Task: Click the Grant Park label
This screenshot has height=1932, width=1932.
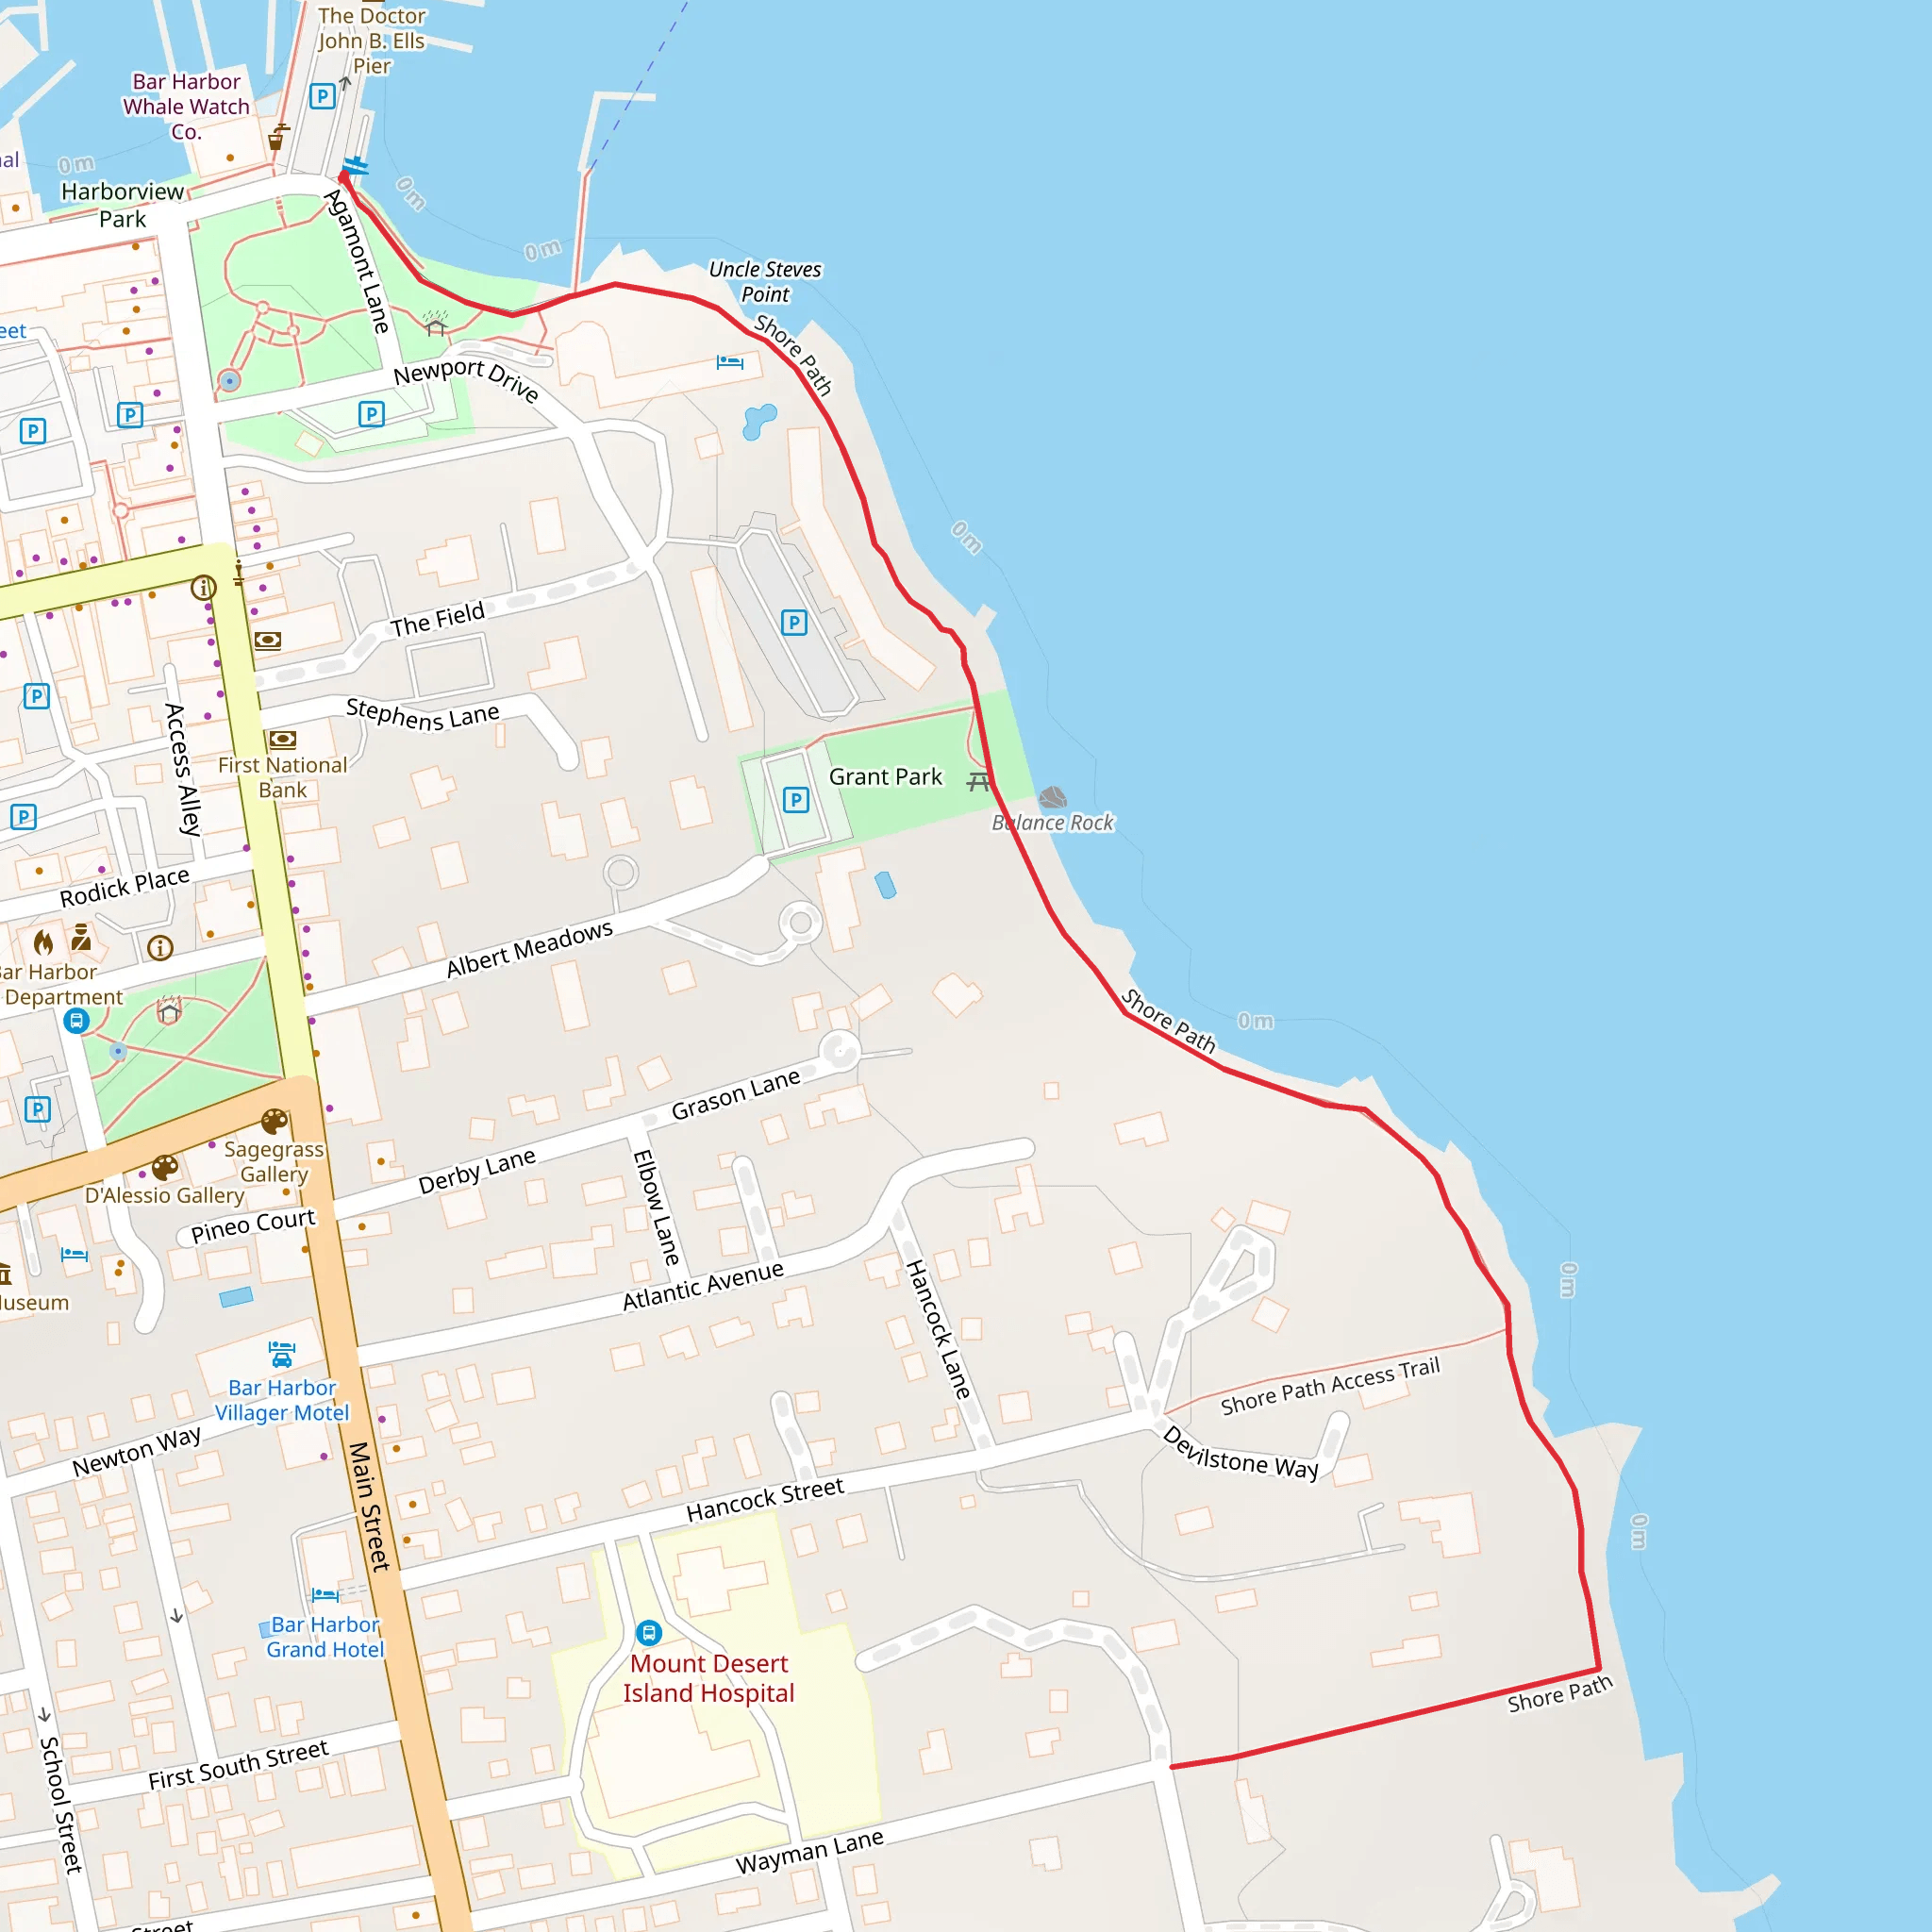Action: (885, 777)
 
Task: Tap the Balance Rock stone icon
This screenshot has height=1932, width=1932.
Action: (1052, 798)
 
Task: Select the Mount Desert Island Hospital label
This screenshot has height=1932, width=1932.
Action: (708, 1678)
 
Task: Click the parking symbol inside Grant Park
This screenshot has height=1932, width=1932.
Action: (796, 800)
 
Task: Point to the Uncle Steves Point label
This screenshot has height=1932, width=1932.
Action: (765, 282)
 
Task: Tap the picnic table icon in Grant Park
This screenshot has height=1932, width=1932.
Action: (979, 781)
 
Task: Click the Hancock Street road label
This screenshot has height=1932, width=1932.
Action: (765, 1500)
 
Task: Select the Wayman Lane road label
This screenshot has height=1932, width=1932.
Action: (809, 1851)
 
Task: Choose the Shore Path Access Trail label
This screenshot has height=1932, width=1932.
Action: (1330, 1385)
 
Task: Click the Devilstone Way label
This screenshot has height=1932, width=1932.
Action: (1240, 1452)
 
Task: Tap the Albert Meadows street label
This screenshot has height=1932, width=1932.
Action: (529, 948)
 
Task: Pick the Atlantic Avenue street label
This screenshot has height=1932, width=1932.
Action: (703, 1285)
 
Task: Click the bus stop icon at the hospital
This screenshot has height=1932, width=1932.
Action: (649, 1633)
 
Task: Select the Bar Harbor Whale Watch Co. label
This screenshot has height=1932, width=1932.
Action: (186, 107)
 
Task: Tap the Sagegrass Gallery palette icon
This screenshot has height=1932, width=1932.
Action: (274, 1121)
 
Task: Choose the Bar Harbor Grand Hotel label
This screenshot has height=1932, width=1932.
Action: (325, 1637)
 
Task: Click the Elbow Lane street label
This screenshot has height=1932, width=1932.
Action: (656, 1207)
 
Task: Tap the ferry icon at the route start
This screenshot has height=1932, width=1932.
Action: (355, 166)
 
